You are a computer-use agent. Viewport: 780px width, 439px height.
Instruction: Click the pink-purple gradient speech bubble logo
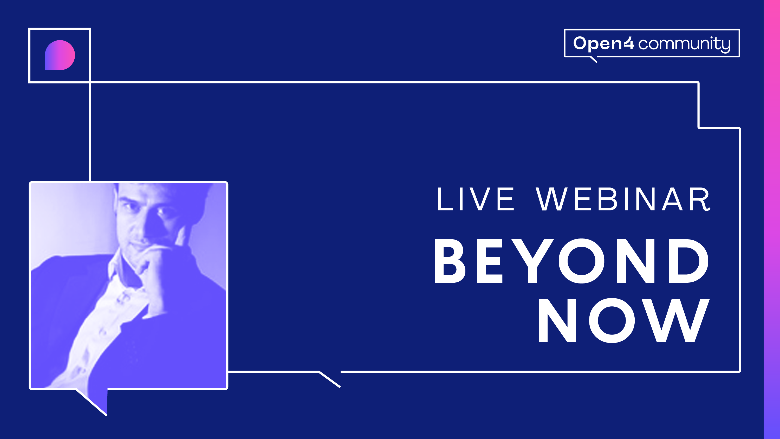coord(60,55)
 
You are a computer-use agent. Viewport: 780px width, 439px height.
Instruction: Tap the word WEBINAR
coord(623,199)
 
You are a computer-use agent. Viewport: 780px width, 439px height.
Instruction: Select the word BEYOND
coord(572,261)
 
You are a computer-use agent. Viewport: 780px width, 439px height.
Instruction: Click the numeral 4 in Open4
coord(629,43)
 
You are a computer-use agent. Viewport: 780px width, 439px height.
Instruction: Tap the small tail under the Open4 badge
coord(594,59)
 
